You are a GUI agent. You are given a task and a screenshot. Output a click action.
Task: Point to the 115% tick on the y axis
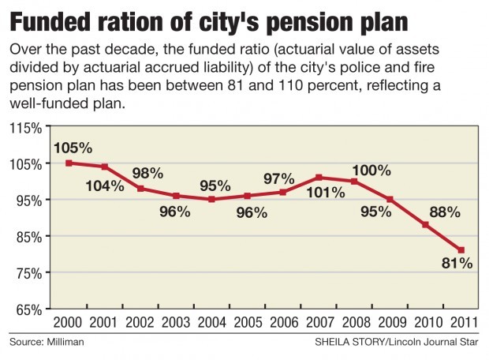[x=25, y=128]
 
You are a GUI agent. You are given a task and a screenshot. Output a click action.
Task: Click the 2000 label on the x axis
[x=69, y=324]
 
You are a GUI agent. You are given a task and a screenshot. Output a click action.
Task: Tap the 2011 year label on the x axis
[x=461, y=324]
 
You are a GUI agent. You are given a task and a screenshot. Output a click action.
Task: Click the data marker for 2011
[x=461, y=250]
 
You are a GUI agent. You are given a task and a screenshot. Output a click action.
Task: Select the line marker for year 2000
[x=69, y=163]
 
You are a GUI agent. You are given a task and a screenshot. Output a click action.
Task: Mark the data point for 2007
[x=318, y=178]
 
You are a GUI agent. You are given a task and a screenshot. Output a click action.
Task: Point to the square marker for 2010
[x=425, y=225]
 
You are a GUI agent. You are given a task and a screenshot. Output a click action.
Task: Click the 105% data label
[x=73, y=148]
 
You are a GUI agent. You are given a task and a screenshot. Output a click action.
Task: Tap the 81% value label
[x=457, y=264]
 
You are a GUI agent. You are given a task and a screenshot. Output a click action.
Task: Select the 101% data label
[x=326, y=193]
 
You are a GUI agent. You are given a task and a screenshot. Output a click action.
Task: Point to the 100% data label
[x=371, y=169]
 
